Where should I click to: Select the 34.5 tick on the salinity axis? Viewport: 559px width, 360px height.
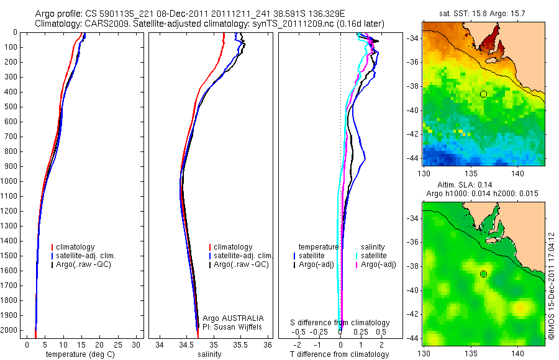tap(186, 344)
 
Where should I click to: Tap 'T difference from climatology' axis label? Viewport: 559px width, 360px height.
tap(340, 354)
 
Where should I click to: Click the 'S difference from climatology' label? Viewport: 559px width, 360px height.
tap(340, 323)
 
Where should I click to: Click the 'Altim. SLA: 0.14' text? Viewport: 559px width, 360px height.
tap(484, 186)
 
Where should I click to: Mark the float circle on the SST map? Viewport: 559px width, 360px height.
tap(483, 94)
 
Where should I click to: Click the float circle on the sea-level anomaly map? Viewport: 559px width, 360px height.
tap(483, 274)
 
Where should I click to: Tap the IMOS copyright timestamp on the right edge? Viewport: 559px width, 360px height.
tap(551, 286)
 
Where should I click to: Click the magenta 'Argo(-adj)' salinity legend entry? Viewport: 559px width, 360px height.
tap(378, 264)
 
